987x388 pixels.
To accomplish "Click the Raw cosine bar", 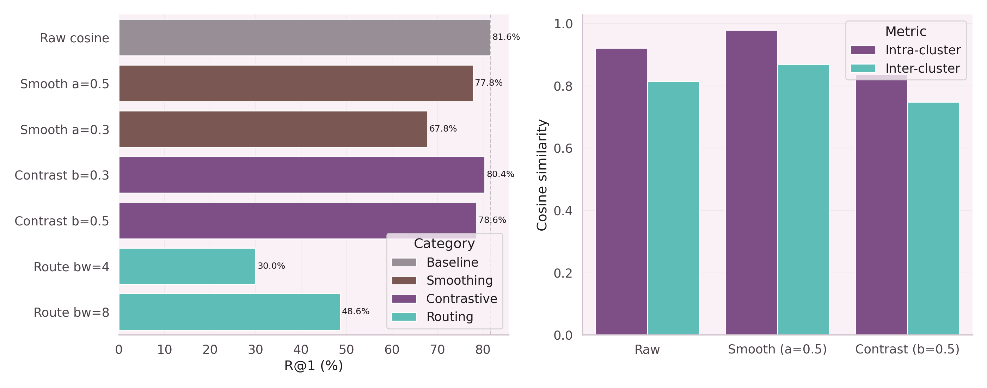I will [305, 38].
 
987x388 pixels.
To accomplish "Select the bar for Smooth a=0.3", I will [273, 129].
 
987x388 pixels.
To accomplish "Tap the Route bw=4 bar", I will [187, 266].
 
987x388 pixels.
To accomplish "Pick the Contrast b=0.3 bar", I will [301, 175].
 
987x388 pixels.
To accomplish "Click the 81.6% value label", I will [506, 37].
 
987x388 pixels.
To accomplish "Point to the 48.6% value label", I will [355, 311].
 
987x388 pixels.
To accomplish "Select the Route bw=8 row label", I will [71, 313].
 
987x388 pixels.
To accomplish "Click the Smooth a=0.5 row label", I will [65, 84].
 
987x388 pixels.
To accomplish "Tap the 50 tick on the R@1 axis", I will [346, 349].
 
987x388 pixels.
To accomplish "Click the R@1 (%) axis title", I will [313, 366].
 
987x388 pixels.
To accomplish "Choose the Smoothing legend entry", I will [459, 281].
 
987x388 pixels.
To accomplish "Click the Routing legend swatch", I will [404, 317].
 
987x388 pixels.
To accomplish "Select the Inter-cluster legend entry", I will [922, 68].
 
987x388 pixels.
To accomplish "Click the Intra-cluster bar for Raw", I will [621, 191].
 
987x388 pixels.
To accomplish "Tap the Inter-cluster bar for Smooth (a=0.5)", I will [803, 199].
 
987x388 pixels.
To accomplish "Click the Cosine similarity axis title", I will [542, 175].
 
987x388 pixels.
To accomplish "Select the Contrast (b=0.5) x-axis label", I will [907, 349].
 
